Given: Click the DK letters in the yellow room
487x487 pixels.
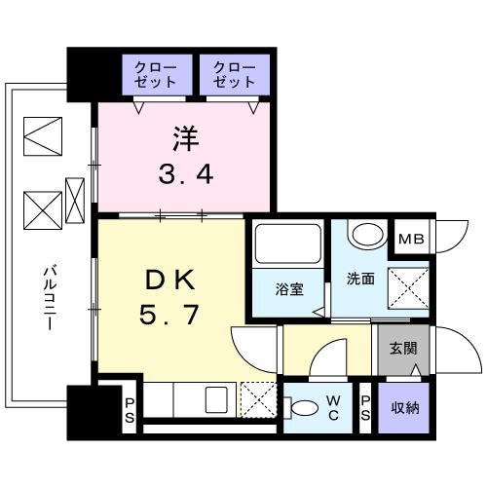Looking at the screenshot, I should click(171, 280).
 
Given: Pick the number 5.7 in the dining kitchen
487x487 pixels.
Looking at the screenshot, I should click(171, 318).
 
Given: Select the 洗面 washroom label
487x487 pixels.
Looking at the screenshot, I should click(358, 280).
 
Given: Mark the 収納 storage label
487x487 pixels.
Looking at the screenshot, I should click(404, 407).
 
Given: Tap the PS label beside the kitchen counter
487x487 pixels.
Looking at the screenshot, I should click(131, 407).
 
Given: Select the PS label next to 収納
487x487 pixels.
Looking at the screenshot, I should click(365, 407).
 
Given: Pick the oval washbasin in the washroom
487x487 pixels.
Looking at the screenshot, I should click(367, 235).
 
